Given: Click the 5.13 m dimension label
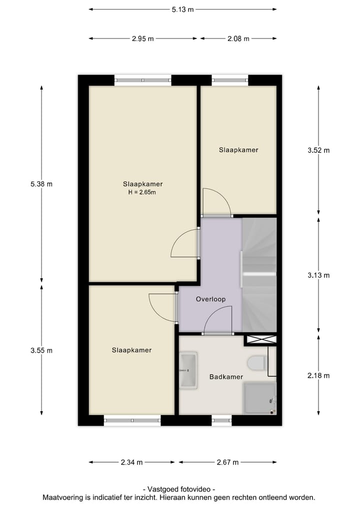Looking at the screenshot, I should point(182,9).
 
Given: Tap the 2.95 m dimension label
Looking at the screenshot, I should point(142,38).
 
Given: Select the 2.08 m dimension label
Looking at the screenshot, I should point(238,38).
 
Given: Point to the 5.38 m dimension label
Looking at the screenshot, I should point(41,183).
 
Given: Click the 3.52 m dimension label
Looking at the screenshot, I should point(319,150).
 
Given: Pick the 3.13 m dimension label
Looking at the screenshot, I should point(319,275).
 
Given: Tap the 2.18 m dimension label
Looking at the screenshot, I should point(319,376).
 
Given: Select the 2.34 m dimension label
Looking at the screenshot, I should point(132,462).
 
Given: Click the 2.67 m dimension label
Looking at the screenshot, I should point(227,462).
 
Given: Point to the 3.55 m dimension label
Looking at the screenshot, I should point(41,350).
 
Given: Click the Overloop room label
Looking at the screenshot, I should point(210,299).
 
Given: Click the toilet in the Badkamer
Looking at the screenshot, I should point(256,362).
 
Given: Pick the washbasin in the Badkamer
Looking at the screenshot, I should point(188,369).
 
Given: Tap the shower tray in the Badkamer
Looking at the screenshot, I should point(259,398).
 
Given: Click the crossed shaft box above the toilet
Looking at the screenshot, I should point(260,340).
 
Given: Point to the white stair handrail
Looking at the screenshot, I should point(259,274).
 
